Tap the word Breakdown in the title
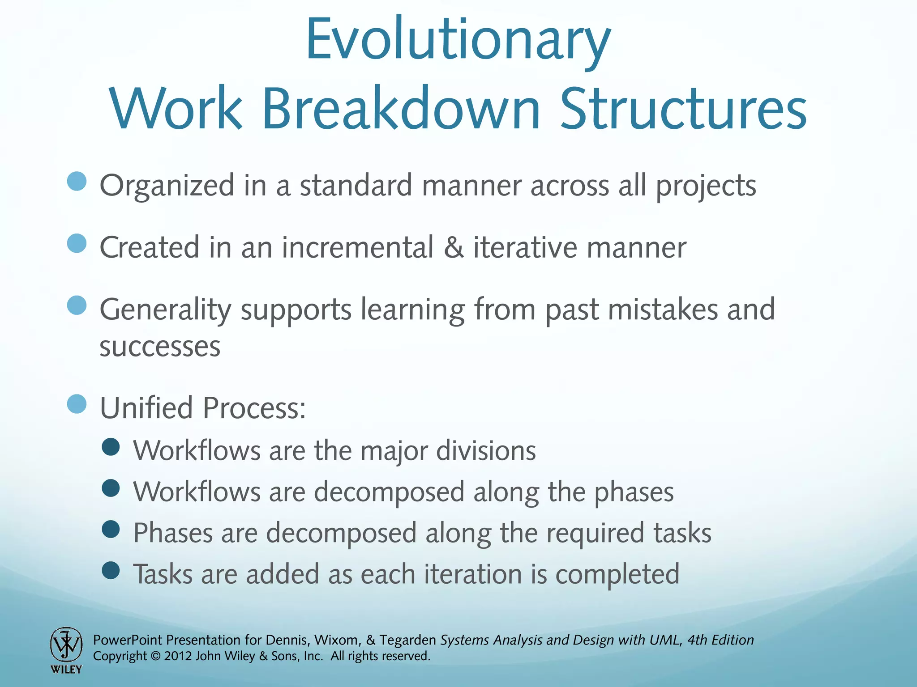(x=401, y=109)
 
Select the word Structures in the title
(x=683, y=109)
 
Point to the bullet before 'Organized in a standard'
(x=77, y=182)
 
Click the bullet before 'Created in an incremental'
(x=77, y=244)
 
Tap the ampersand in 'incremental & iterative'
(x=454, y=247)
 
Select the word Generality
(x=165, y=310)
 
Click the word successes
(x=160, y=347)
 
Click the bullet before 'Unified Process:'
(x=77, y=404)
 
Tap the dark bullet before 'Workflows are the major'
(x=111, y=447)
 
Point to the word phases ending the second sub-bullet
(x=634, y=492)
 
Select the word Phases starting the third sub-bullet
(x=173, y=533)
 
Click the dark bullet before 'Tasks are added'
(x=111, y=571)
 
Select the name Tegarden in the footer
(x=407, y=640)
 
